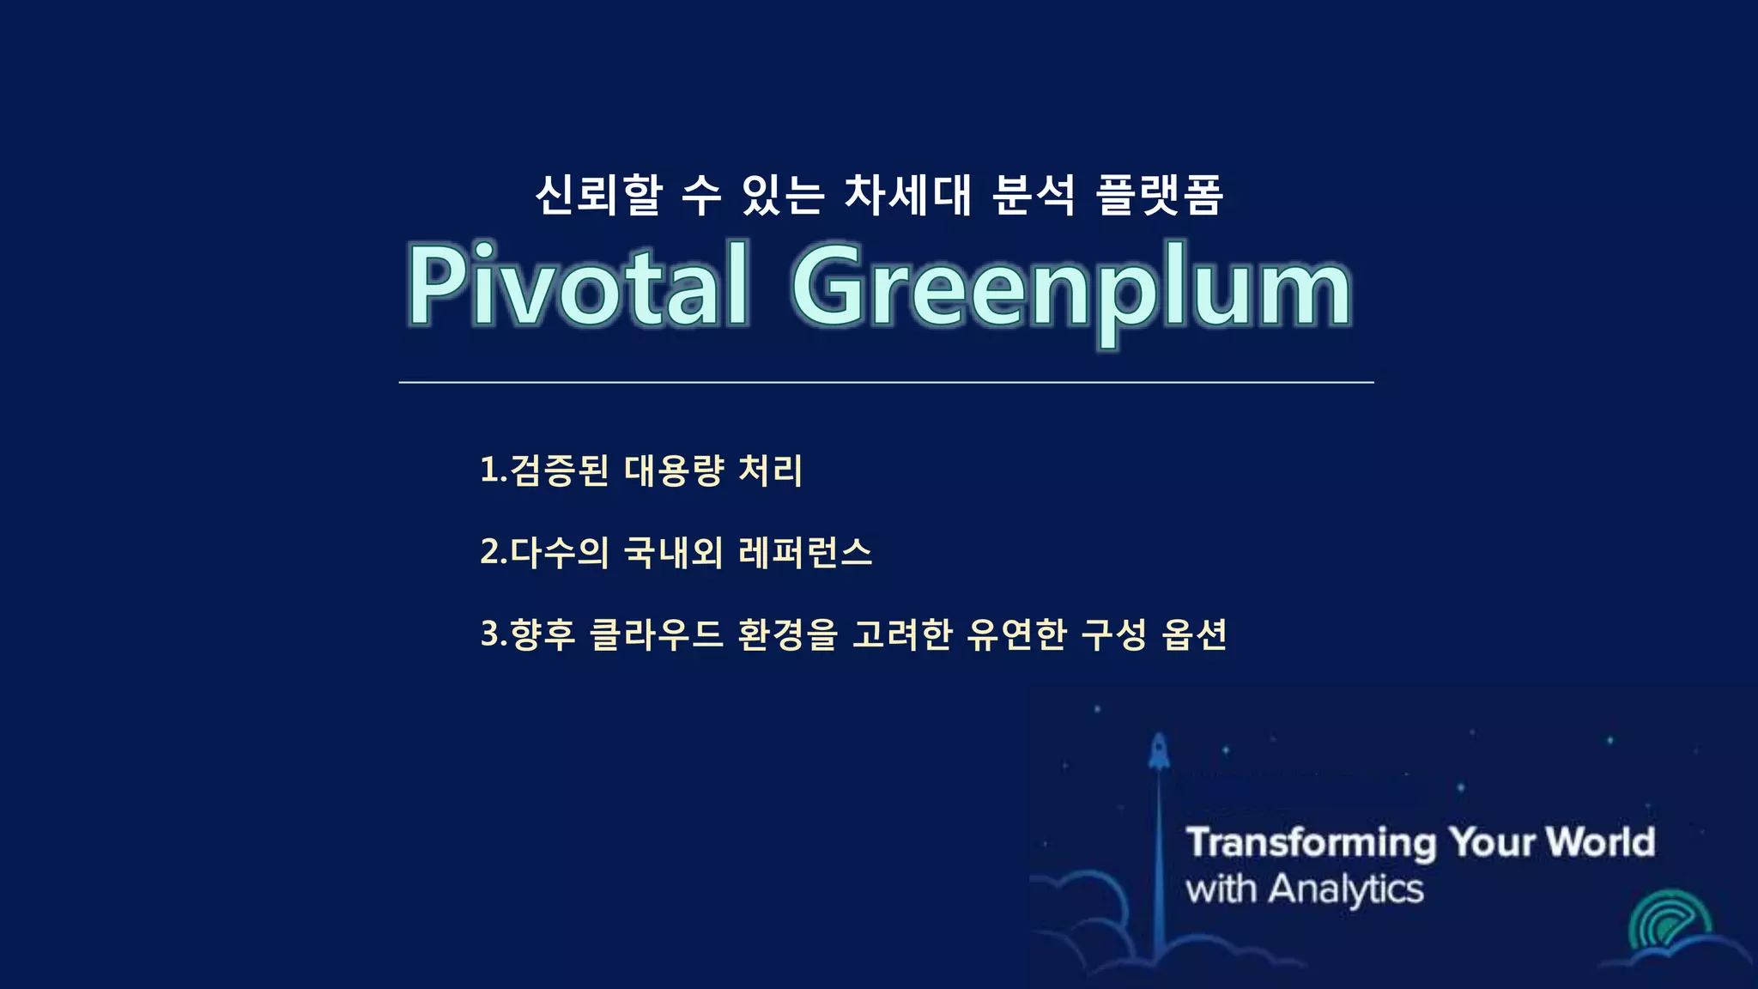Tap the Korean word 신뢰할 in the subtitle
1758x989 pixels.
pyautogui.click(x=599, y=195)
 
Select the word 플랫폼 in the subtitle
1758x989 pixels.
pyautogui.click(x=1160, y=195)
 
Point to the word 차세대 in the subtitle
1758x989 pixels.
pyautogui.click(x=908, y=195)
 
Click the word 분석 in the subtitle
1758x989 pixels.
pyautogui.click(x=1034, y=195)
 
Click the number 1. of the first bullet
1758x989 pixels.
pyautogui.click(x=493, y=470)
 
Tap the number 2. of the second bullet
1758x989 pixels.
pyautogui.click(x=494, y=552)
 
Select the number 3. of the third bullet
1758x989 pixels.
pyautogui.click(x=494, y=634)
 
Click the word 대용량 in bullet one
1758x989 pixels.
pyautogui.click(x=674, y=470)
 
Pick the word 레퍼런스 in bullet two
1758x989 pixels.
pyautogui.click(x=805, y=552)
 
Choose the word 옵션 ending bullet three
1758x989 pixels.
pyautogui.click(x=1194, y=634)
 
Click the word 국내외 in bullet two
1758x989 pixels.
pyautogui.click(x=674, y=552)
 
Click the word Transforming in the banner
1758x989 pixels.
pyautogui.click(x=1311, y=842)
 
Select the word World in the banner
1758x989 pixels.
pyautogui.click(x=1601, y=842)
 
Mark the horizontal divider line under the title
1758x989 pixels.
pyautogui.click(x=886, y=382)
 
